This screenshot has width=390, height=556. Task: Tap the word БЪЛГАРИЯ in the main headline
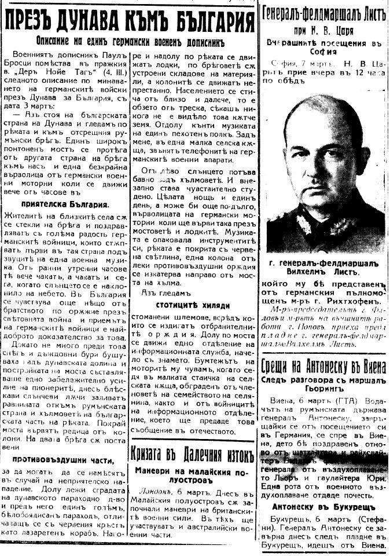click(x=207, y=22)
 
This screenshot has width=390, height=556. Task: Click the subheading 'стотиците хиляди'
click(x=193, y=305)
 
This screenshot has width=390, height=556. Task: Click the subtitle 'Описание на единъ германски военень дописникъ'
click(x=128, y=43)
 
